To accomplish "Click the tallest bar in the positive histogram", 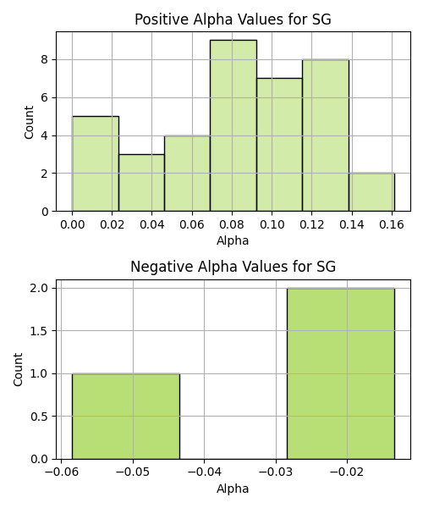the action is [233, 125].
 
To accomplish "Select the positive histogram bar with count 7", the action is [280, 145].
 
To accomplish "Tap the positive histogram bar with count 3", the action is [142, 183].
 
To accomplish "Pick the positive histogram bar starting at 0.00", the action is [96, 163].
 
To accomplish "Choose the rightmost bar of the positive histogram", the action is [372, 192].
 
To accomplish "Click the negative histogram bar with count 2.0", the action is [341, 373].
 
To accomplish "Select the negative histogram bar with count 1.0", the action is [126, 417].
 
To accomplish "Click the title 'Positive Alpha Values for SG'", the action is [233, 19].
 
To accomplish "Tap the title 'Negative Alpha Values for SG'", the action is [233, 267].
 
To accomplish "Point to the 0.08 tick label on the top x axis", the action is [232, 224].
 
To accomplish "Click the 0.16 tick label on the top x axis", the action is [392, 224].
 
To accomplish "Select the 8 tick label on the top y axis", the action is [45, 59].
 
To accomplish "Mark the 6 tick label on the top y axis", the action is [45, 97].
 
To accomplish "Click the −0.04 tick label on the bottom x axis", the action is [205, 472].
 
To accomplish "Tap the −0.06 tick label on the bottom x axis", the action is [62, 472].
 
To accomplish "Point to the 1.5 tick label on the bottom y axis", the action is [39, 331].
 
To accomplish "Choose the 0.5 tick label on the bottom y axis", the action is [39, 417].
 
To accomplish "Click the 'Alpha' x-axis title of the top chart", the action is [233, 240].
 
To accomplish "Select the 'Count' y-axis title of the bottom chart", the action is [18, 369].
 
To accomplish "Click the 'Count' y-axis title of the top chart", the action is [29, 122].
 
